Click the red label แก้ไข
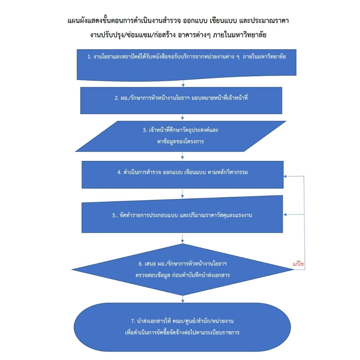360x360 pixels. click(x=298, y=264)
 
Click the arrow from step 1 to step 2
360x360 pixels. click(x=183, y=83)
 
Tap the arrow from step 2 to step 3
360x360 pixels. click(x=183, y=117)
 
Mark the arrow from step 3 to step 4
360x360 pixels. click(x=183, y=156)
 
